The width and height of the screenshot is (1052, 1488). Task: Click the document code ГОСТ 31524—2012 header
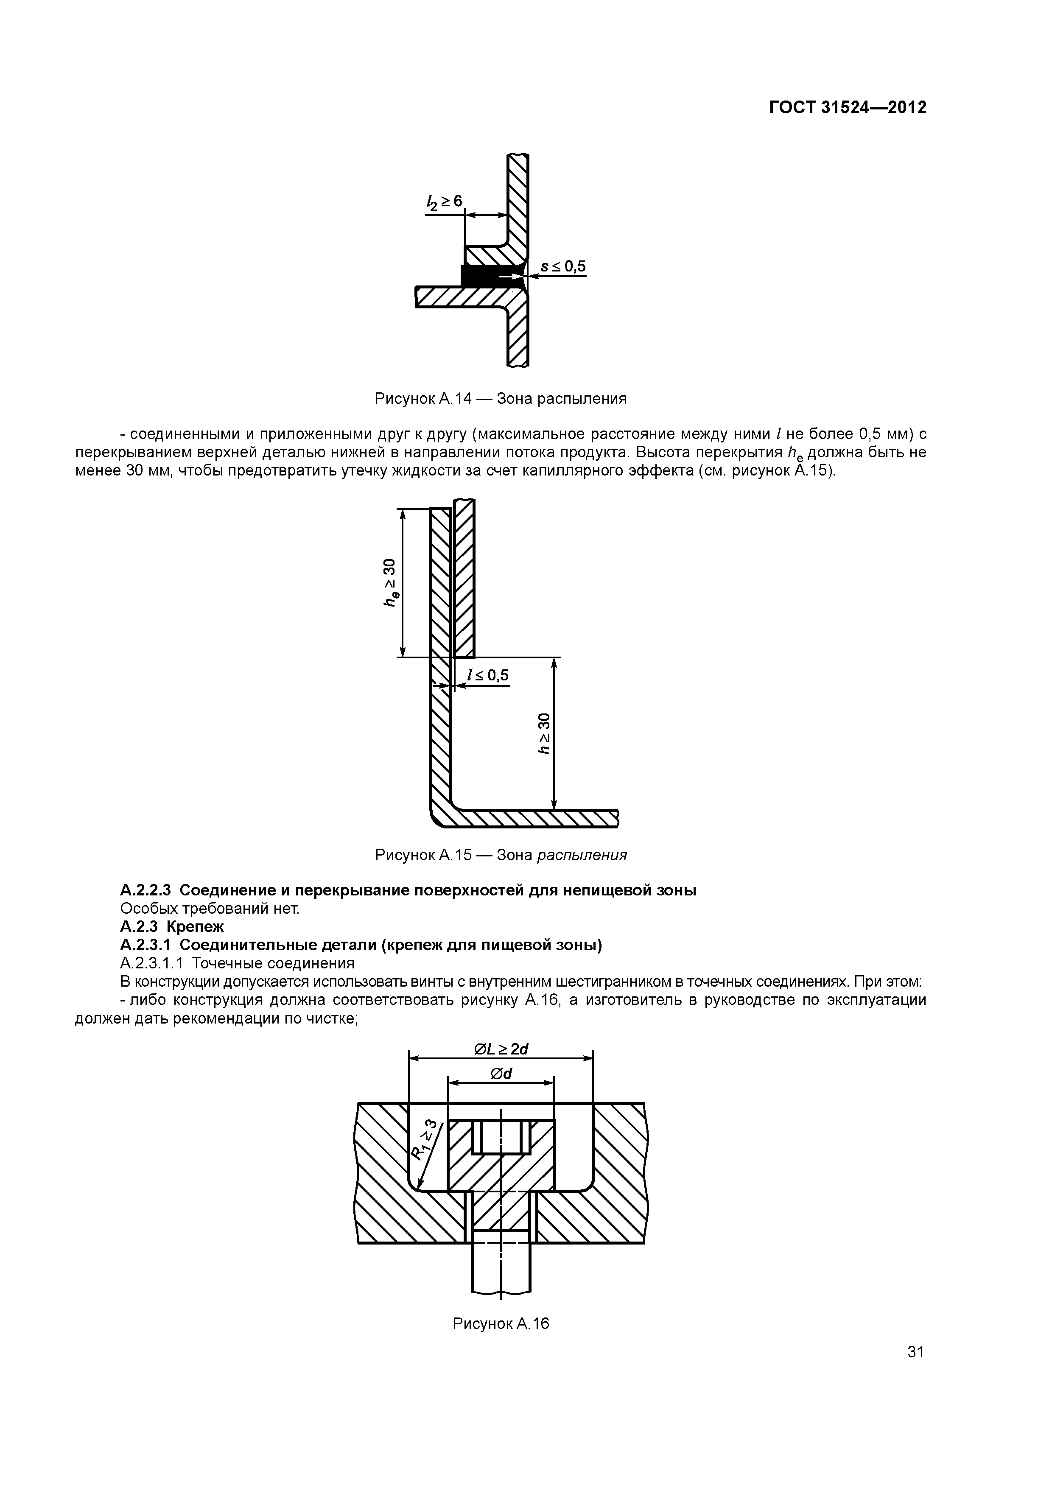point(847,108)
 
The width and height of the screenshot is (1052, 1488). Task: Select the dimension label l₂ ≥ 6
point(444,202)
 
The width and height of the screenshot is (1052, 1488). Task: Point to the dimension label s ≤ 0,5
point(562,266)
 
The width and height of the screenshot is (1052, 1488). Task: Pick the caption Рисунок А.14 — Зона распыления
point(501,399)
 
